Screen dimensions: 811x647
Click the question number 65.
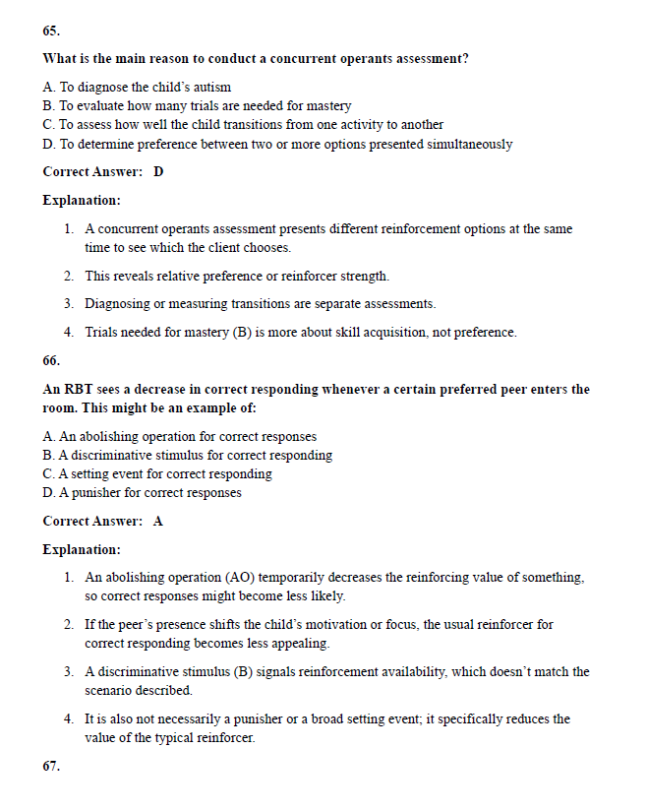click(x=51, y=31)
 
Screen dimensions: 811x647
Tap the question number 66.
click(x=51, y=360)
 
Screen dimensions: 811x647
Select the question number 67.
click(x=51, y=766)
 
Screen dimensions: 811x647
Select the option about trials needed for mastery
click(x=197, y=105)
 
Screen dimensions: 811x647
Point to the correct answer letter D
click(x=158, y=171)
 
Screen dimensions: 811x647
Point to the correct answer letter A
click(x=158, y=521)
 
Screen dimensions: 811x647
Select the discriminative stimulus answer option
click(x=187, y=455)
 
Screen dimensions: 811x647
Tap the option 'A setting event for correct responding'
click(x=157, y=473)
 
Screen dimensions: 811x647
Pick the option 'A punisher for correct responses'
click(x=143, y=492)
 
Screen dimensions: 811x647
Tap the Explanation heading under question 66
click(x=82, y=548)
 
